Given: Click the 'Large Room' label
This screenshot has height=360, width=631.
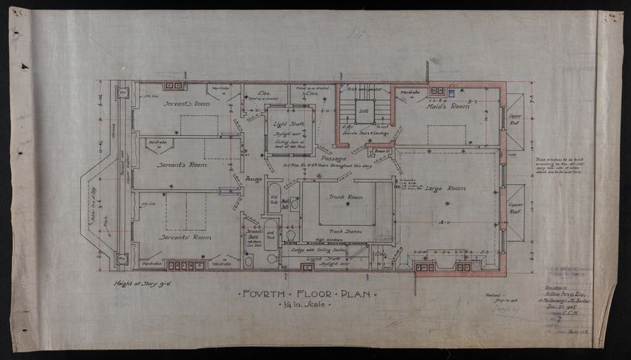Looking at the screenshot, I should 443,189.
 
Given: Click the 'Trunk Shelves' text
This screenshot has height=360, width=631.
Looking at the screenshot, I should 345,230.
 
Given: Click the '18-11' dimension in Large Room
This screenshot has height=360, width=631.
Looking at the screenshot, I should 445,222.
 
